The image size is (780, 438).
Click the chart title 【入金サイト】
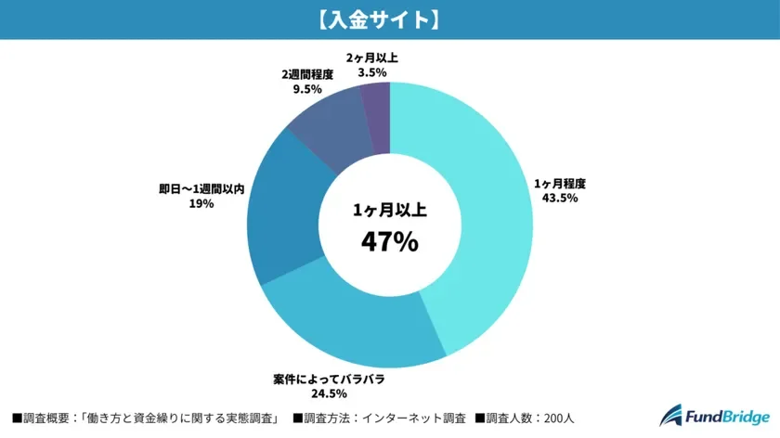(x=389, y=19)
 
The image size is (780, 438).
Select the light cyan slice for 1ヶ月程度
(x=483, y=213)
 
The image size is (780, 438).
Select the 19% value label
(x=201, y=203)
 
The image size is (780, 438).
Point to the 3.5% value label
(x=370, y=71)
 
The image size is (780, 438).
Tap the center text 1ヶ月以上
(x=389, y=211)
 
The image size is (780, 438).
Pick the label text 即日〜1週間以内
(x=201, y=188)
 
